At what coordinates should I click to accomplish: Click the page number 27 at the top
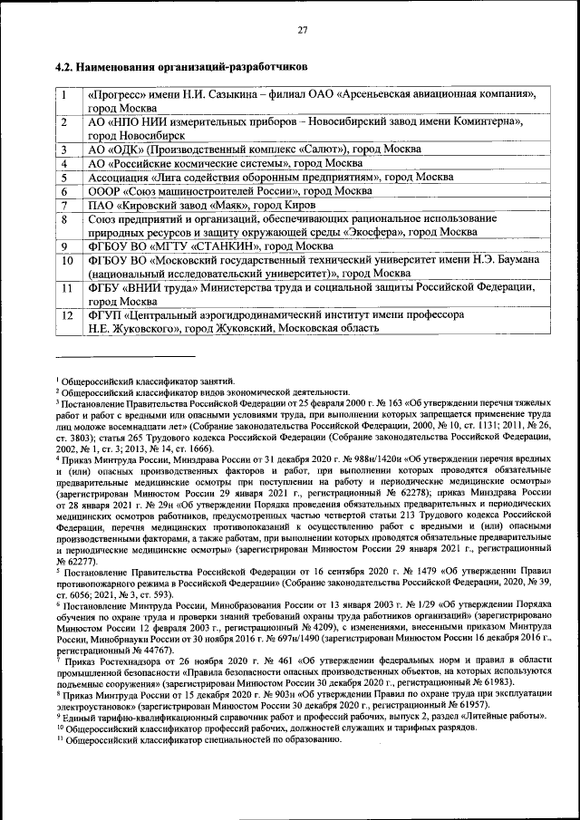303,31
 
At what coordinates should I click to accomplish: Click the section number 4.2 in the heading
64,67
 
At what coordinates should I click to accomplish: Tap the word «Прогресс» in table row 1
116,93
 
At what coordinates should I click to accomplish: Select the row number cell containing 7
65,205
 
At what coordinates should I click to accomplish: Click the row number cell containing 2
65,121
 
